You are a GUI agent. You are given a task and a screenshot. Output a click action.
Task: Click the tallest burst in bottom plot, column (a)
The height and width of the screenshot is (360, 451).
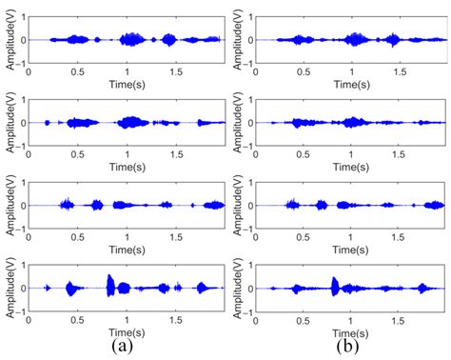111,286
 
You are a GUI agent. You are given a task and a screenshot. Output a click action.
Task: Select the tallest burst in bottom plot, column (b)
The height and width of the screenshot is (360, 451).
335,286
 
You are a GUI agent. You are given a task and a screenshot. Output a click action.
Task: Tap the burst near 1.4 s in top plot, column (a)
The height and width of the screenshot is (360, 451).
168,40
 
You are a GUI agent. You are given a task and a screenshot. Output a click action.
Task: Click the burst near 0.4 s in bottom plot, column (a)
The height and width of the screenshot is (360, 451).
69,287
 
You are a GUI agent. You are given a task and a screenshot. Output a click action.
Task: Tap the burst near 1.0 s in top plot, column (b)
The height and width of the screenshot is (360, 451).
355,40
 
